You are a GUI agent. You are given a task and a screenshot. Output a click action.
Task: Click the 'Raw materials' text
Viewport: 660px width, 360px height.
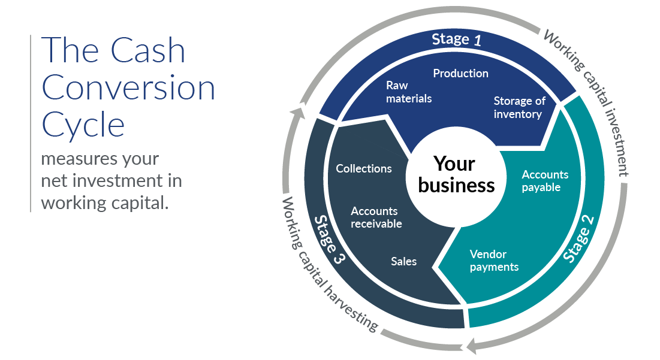tap(409, 92)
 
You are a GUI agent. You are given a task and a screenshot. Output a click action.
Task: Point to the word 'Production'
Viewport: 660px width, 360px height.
tap(460, 73)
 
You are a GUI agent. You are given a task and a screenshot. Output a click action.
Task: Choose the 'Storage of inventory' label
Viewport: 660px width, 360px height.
tap(519, 107)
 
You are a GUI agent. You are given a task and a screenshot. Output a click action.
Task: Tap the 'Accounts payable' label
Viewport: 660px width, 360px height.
tap(544, 181)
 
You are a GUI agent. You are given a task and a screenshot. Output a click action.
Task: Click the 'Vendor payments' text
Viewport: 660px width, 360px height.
tap(494, 261)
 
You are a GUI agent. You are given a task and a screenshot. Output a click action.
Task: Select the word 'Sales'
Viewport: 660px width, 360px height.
tap(403, 261)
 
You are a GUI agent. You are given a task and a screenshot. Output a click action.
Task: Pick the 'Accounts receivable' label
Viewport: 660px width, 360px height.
tap(376, 217)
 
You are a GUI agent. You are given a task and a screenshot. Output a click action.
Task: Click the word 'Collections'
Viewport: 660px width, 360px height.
tap(363, 169)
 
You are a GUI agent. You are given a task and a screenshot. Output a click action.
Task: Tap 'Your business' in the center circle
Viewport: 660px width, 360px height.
tap(456, 174)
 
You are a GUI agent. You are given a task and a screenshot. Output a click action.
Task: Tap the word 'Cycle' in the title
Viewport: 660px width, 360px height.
tap(83, 125)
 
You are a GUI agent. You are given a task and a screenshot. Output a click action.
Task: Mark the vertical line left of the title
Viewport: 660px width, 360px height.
tap(31, 123)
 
